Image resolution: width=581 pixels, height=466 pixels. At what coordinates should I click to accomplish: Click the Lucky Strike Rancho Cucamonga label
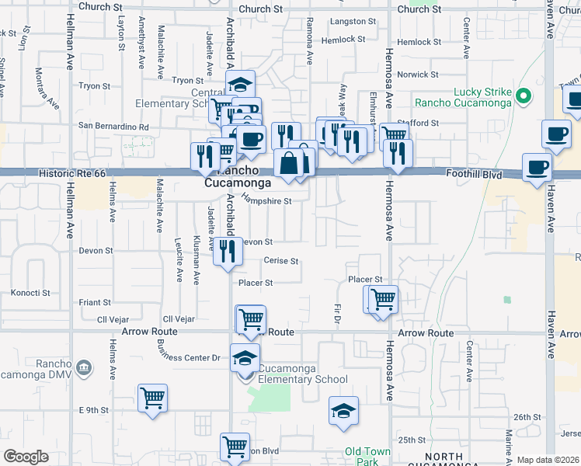pyautogui.click(x=463, y=96)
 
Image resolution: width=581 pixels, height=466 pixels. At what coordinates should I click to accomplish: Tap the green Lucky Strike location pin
pyautogui.click(x=524, y=96)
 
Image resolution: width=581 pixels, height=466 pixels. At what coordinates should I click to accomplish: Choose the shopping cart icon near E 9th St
pyautogui.click(x=153, y=398)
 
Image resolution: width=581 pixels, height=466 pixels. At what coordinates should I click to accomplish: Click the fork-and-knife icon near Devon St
pyautogui.click(x=228, y=250)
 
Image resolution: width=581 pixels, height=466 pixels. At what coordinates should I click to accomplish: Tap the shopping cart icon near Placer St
pyautogui.click(x=382, y=298)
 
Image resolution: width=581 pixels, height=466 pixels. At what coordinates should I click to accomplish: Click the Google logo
pyautogui.click(x=26, y=456)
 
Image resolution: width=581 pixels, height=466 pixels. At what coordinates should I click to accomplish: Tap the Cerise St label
pyautogui.click(x=281, y=261)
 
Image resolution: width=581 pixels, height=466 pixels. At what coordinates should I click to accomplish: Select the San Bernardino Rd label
pyautogui.click(x=123, y=126)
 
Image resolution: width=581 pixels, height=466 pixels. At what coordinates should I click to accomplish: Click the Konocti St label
pyautogui.click(x=30, y=294)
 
